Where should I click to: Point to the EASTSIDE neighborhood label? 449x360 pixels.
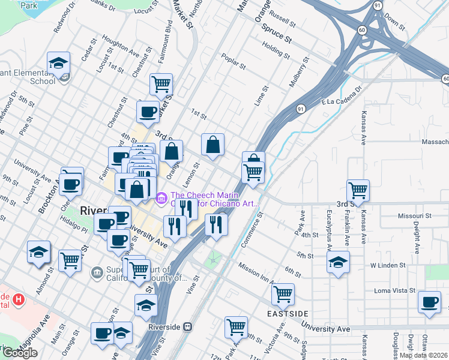(x=288, y=314)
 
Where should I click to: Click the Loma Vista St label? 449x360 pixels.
(x=395, y=290)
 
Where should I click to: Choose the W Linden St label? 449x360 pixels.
(x=388, y=265)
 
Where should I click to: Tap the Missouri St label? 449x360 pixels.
(x=415, y=215)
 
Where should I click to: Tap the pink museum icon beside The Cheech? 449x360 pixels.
(x=161, y=198)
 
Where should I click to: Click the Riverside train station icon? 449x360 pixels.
(x=188, y=328)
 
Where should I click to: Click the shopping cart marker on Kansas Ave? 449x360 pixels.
(x=358, y=190)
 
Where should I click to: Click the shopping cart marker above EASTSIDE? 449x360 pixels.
(x=283, y=294)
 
